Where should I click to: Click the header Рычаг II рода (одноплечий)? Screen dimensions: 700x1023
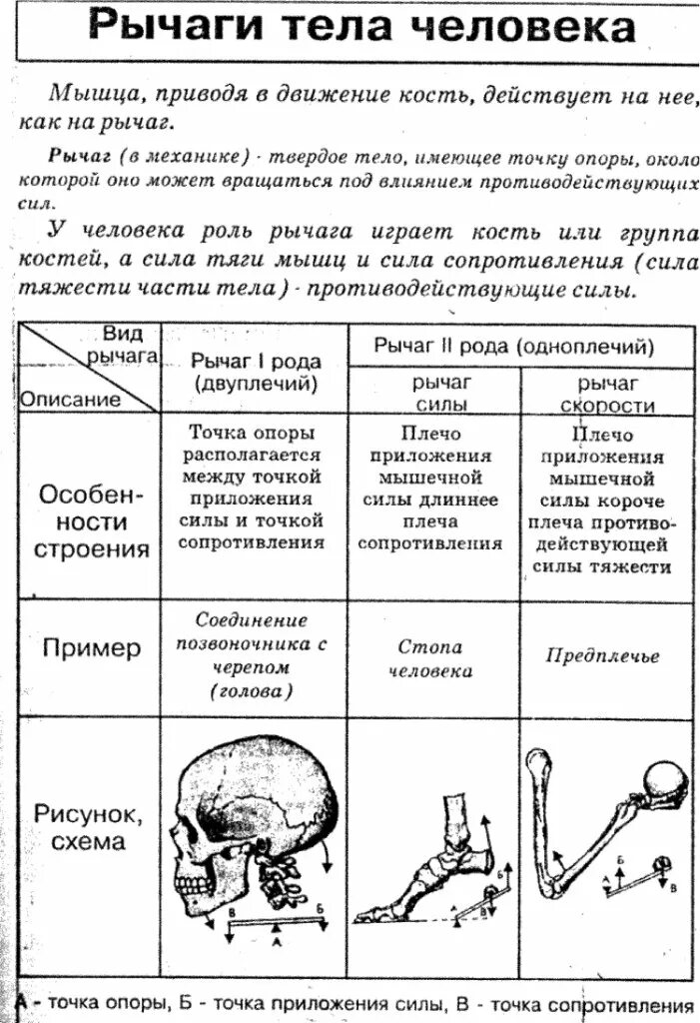(x=514, y=347)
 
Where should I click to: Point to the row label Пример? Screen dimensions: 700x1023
(x=91, y=648)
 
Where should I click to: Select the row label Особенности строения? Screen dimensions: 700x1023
(x=91, y=521)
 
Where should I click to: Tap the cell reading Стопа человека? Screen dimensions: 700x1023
(x=433, y=659)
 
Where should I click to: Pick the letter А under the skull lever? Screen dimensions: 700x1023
(x=276, y=940)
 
